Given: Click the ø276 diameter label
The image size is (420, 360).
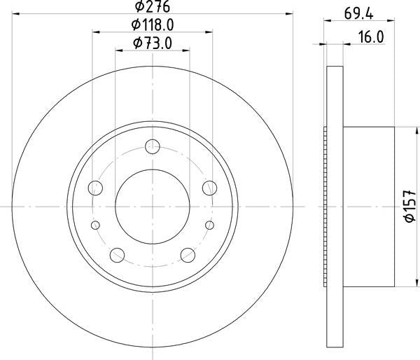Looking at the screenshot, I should (x=152, y=8).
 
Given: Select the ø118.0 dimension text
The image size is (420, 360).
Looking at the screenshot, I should (x=152, y=27).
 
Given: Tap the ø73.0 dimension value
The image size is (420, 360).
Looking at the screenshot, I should (x=152, y=45).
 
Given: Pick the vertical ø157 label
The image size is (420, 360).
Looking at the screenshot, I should (x=409, y=207).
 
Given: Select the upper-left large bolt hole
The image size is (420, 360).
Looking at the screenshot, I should (x=96, y=187).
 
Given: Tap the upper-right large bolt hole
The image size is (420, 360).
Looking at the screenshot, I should (x=208, y=187).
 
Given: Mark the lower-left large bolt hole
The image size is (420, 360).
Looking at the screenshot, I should (x=117, y=254).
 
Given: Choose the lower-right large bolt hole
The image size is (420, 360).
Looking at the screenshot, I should (x=187, y=254).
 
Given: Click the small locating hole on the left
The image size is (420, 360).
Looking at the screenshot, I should (x=96, y=225).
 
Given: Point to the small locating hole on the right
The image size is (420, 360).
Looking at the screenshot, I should (x=208, y=225).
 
